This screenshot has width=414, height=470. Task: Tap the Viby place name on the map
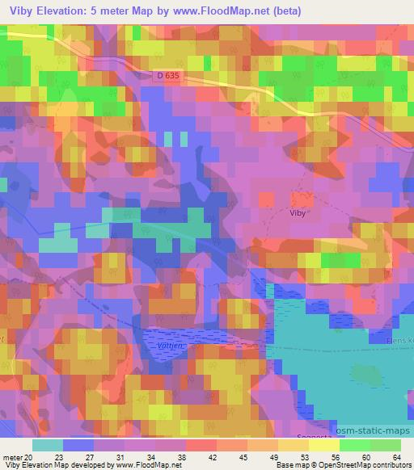click(298, 213)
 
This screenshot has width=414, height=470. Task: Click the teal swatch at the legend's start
click(47, 445)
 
